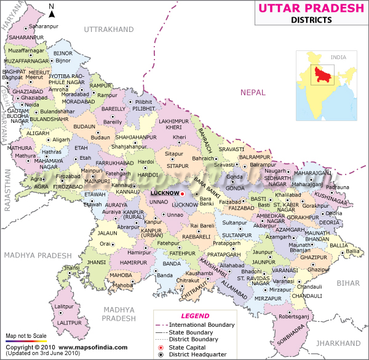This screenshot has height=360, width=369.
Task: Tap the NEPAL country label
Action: coord(253,92)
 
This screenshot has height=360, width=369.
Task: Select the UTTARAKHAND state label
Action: coord(108,29)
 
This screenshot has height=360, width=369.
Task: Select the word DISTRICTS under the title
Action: coord(311,20)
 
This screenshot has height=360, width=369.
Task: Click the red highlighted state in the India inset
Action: coord(318,74)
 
